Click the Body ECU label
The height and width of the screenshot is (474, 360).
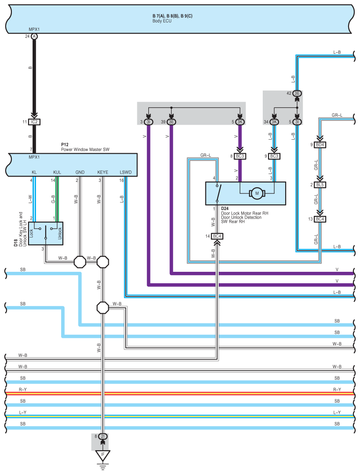click(162, 21)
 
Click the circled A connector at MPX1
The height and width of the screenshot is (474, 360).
click(34, 37)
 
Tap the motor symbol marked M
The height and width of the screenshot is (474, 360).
click(256, 193)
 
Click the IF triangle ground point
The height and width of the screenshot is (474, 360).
click(103, 454)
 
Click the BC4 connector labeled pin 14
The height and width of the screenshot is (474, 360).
click(217, 237)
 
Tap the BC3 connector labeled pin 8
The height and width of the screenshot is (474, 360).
click(240, 156)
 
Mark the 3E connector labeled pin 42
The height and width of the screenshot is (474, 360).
click(298, 93)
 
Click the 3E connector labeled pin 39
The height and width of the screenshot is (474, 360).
click(171, 122)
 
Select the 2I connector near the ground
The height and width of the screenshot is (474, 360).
click(103, 436)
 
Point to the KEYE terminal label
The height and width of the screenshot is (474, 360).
click(102, 172)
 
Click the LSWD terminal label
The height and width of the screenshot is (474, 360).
click(125, 172)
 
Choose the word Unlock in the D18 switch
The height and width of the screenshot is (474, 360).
click(60, 232)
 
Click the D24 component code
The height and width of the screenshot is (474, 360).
click(225, 208)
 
